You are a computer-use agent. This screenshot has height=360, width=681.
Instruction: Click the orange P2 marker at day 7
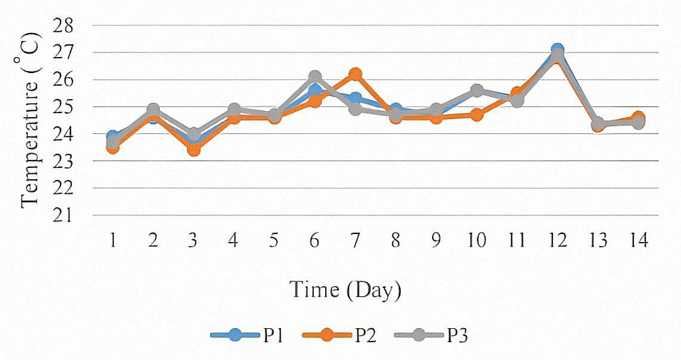pyautogui.click(x=356, y=74)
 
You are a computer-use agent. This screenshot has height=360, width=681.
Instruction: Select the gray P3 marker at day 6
pyautogui.click(x=315, y=77)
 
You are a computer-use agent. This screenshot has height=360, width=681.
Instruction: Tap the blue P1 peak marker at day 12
pyautogui.click(x=557, y=50)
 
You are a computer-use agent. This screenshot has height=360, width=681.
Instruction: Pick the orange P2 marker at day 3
pyautogui.click(x=194, y=150)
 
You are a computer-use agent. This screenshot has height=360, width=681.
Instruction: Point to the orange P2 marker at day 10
pyautogui.click(x=476, y=115)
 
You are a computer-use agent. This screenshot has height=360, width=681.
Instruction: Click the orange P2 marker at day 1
pyautogui.click(x=113, y=147)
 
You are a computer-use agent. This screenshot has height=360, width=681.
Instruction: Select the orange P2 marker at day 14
pyautogui.click(x=638, y=118)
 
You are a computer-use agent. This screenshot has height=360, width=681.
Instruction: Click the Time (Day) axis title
pyautogui.click(x=345, y=290)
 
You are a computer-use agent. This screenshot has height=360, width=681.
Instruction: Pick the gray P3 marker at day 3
pyautogui.click(x=194, y=134)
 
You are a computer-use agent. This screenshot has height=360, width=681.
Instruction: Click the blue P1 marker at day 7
pyautogui.click(x=356, y=99)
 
